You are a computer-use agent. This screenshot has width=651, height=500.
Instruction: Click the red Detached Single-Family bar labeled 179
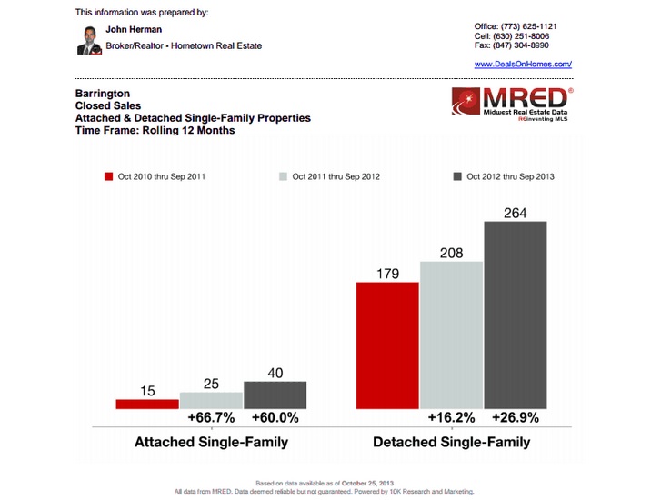pos(387,345)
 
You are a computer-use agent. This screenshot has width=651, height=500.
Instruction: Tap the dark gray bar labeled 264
pos(515,315)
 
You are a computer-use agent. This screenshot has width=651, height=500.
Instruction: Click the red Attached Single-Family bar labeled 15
pos(147,404)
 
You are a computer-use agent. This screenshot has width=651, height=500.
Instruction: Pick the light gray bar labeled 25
pos(211,401)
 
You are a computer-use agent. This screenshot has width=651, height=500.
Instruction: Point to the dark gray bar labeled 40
pos(275,395)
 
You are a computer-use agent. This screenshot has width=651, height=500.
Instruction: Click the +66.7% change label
pos(211,419)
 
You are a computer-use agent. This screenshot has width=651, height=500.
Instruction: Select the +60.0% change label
pos(275,419)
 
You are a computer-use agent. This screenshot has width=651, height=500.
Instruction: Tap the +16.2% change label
pos(451,419)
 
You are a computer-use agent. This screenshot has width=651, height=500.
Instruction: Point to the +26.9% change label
pos(515,419)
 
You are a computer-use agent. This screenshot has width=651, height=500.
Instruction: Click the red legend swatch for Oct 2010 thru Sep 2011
pos(108,176)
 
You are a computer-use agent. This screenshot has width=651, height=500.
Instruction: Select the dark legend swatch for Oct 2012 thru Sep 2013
pos(457,176)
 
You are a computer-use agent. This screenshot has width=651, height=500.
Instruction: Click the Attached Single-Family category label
pos(211,443)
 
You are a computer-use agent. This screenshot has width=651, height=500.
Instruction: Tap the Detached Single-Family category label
pos(451,443)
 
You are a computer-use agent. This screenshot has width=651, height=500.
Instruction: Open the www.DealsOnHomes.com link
pos(523,65)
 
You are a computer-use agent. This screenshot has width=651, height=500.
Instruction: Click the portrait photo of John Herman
pos(88,39)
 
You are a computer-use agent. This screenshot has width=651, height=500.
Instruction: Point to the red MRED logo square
pos(469,101)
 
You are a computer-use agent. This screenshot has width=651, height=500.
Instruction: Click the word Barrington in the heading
pos(103,94)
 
